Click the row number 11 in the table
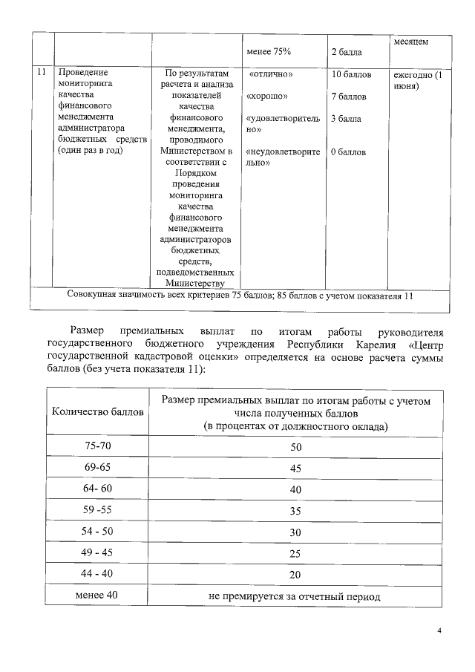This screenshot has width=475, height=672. click(42, 73)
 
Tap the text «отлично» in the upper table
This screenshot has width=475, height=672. click(271, 75)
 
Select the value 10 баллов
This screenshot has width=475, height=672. click(350, 75)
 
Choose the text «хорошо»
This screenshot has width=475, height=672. click(269, 97)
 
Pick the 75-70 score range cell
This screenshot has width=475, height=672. click(96, 446)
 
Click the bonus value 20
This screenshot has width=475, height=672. click(295, 575)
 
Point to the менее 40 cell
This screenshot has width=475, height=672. click(96, 595)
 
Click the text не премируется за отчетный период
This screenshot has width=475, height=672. click(295, 596)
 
